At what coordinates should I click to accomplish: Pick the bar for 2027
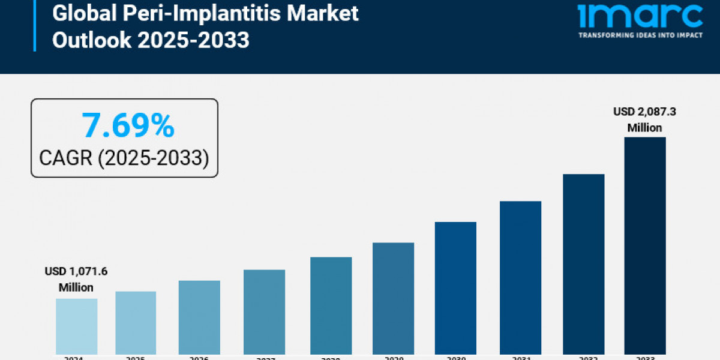264,311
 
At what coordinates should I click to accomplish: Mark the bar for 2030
455,287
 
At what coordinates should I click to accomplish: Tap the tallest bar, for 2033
645,245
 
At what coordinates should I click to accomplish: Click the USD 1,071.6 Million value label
76,280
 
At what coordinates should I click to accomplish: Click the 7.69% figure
128,126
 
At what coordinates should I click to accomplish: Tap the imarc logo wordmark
640,16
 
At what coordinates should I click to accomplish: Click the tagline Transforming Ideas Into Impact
640,35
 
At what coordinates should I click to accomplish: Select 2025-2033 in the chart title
194,40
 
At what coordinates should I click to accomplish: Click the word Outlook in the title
92,40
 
